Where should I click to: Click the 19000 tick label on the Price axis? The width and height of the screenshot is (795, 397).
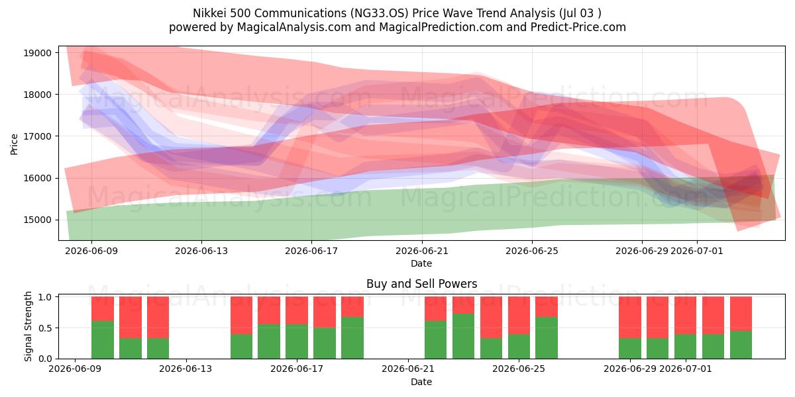pyautogui.click(x=37, y=53)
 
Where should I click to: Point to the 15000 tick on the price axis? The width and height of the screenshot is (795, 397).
pyautogui.click(x=37, y=220)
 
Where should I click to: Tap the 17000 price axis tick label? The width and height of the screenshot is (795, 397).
pyautogui.click(x=37, y=136)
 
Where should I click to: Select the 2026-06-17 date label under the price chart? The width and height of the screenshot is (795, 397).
pyautogui.click(x=311, y=251)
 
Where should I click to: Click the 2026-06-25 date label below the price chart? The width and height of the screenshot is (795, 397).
pyautogui.click(x=531, y=251)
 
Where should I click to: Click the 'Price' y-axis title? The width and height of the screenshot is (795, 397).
pyautogui.click(x=14, y=144)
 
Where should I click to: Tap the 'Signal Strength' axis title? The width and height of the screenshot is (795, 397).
pyautogui.click(x=28, y=326)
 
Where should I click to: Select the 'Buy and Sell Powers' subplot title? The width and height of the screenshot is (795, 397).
pyautogui.click(x=421, y=284)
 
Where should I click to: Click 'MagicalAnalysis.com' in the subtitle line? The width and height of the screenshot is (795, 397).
pyautogui.click(x=294, y=27)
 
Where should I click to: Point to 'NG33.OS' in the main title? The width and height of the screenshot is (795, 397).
pyautogui.click(x=380, y=13)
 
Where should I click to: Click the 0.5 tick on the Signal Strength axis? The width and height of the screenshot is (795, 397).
pyautogui.click(x=45, y=328)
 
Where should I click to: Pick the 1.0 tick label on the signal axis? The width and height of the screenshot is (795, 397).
pyautogui.click(x=45, y=297)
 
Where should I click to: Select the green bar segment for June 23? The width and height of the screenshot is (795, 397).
pyautogui.click(x=463, y=336)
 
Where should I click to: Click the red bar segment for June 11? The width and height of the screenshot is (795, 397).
pyautogui.click(x=131, y=317)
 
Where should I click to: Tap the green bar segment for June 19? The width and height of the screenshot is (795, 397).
pyautogui.click(x=352, y=338)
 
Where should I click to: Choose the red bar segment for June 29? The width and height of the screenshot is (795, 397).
pyautogui.click(x=630, y=317)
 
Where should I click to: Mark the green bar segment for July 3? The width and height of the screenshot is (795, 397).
pyautogui.click(x=741, y=345)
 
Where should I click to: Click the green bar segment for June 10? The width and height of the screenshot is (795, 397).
pyautogui.click(x=103, y=340)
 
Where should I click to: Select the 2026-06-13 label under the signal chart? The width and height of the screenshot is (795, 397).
pyautogui.click(x=185, y=369)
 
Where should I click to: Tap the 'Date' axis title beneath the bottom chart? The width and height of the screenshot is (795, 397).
pyautogui.click(x=421, y=382)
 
